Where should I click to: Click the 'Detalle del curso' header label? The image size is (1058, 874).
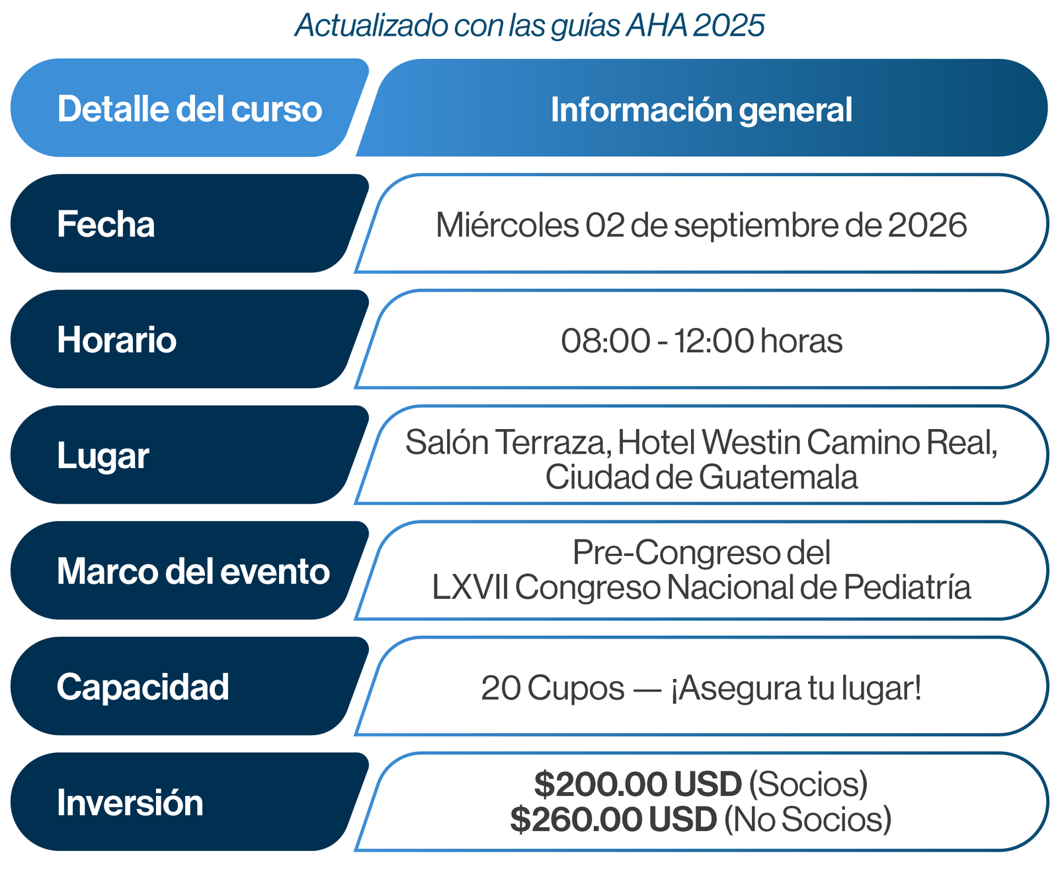190,109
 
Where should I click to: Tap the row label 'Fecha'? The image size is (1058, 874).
106,224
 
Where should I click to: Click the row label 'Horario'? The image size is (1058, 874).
117,340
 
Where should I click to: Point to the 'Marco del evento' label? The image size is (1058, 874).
193,571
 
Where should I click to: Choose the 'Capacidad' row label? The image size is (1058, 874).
143,687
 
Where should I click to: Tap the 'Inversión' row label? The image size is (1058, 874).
130,803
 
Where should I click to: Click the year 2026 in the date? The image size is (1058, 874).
928,225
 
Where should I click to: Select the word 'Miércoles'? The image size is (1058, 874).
507,225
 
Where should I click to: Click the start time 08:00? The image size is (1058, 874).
605,341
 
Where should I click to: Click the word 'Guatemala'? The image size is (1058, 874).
778,477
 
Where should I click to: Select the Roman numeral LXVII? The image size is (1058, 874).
470,587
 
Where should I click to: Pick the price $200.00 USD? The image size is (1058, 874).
638,784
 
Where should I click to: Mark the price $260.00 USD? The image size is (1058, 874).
614,820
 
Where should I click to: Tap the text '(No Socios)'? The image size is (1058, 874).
808,820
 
